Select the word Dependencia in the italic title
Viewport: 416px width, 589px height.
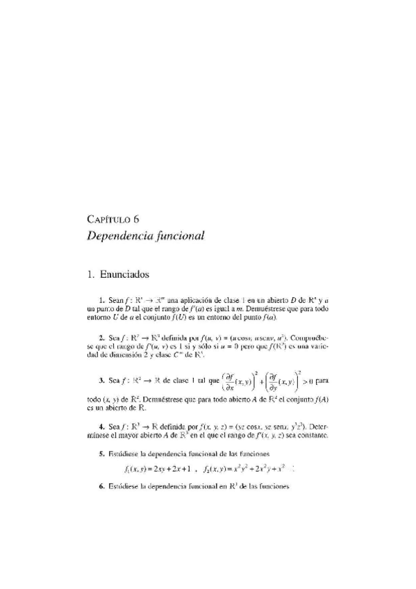[x=118, y=235]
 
